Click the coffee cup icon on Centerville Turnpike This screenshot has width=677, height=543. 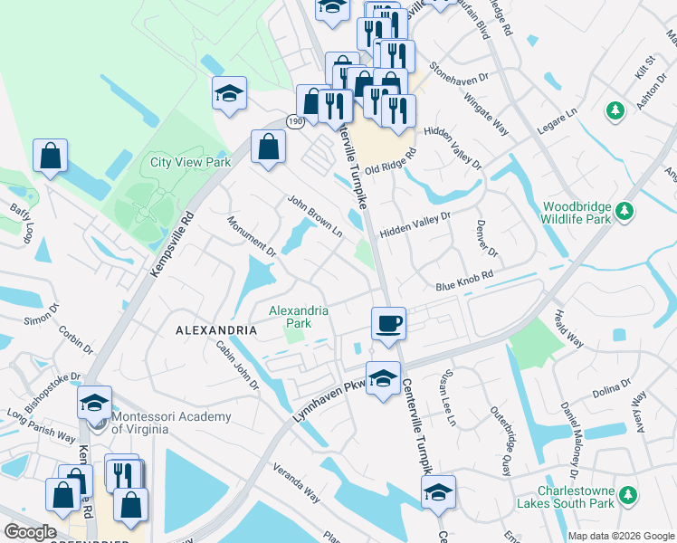388,323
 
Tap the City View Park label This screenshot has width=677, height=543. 191,163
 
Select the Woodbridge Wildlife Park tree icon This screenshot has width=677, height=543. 624,212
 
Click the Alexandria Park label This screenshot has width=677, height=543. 298,317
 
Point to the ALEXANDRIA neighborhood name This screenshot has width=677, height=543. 217,332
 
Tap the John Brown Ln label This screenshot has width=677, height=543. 315,216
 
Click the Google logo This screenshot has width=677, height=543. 30,532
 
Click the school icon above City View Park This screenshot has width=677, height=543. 230,92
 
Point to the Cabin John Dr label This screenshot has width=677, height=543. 237,365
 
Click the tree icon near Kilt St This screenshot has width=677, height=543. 615,110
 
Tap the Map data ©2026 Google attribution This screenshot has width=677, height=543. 621,536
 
